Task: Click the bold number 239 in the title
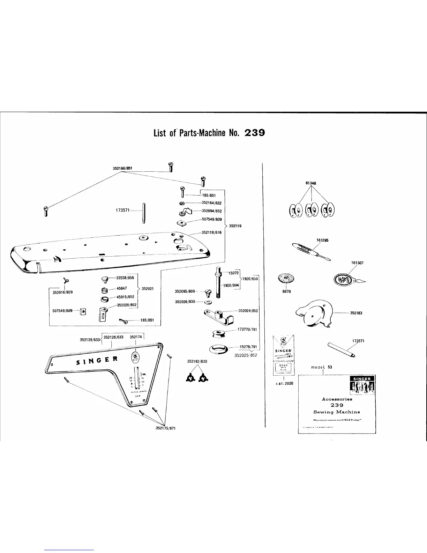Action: tap(255, 133)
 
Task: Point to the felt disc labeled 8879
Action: tap(284, 279)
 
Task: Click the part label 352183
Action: tap(356, 313)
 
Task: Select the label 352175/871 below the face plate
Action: tap(165, 428)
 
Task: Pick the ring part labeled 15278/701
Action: tap(218, 348)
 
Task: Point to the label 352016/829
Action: tap(62, 292)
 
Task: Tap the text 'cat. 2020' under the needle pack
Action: tap(284, 383)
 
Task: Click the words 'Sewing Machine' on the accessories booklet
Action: tap(337, 412)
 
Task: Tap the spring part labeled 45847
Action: tap(104, 289)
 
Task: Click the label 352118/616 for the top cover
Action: tap(211, 233)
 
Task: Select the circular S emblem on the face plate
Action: tap(135, 357)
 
